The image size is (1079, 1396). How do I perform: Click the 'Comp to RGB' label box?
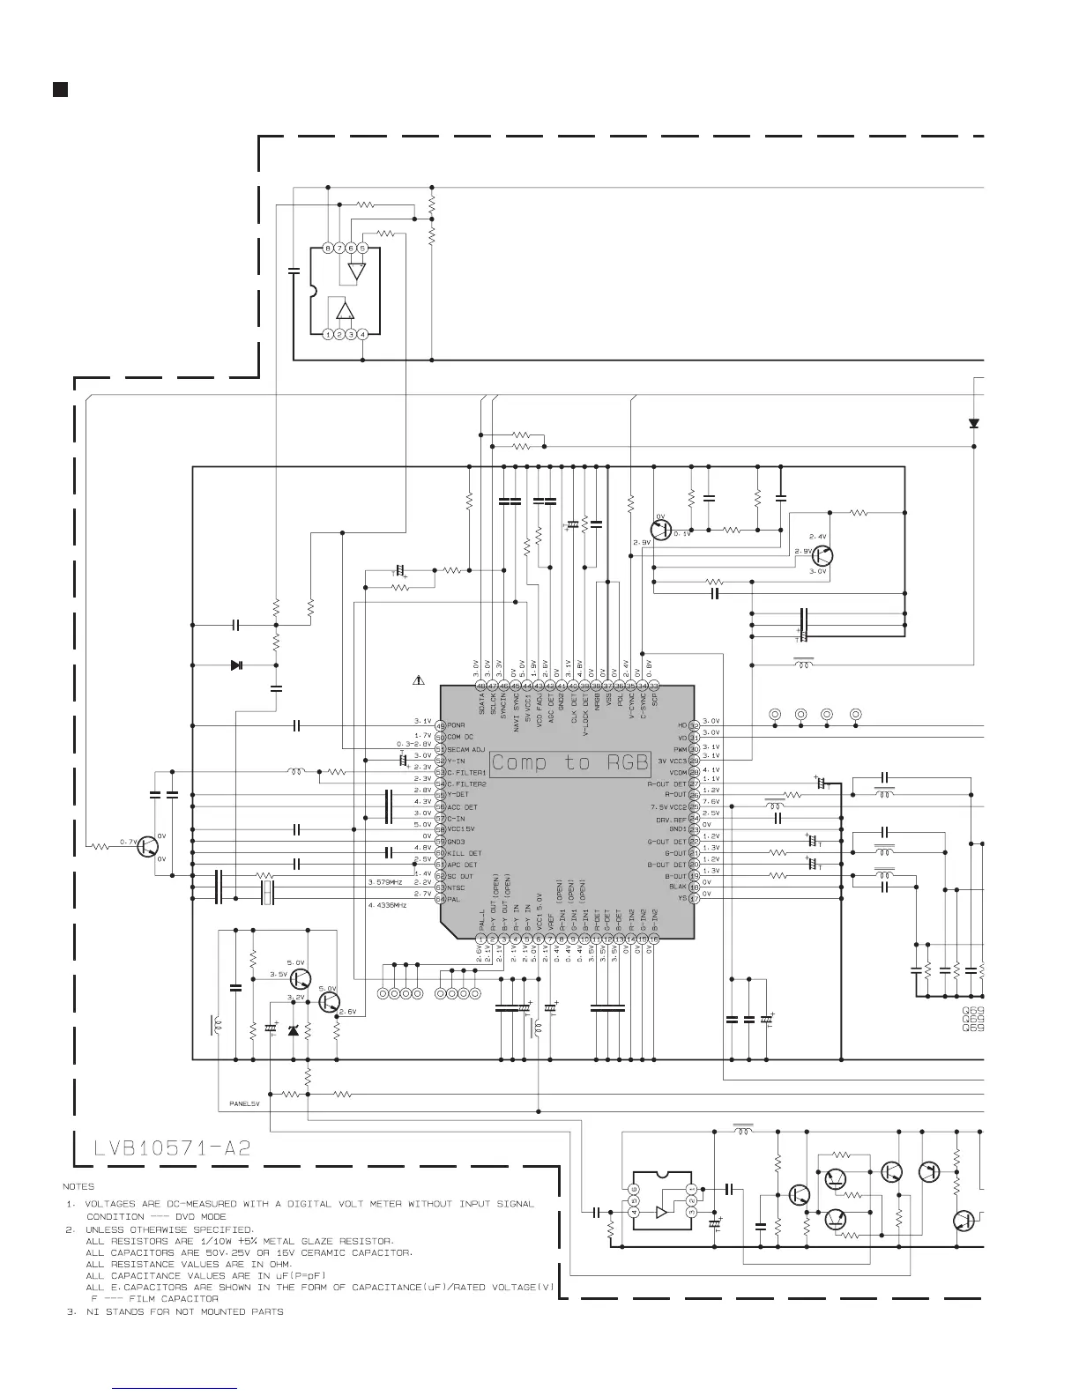pos(569,762)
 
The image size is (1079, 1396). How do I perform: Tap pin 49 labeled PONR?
pos(440,725)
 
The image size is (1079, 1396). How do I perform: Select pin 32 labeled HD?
pos(694,725)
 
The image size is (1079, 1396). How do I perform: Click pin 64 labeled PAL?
pos(440,899)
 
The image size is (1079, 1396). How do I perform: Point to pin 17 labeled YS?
pos(694,899)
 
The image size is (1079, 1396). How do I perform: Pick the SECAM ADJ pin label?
pos(466,748)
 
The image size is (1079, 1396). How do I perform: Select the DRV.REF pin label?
pos(671,818)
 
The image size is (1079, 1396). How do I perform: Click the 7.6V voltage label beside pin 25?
pos(711,802)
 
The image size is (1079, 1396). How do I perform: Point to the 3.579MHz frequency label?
pos(385,881)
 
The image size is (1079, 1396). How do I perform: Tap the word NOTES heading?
pos(78,1186)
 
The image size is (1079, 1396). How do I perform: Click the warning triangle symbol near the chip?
pos(420,681)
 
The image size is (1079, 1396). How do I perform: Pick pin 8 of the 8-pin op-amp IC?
pos(328,249)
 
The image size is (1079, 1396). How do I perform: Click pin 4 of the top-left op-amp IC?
pos(362,335)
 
